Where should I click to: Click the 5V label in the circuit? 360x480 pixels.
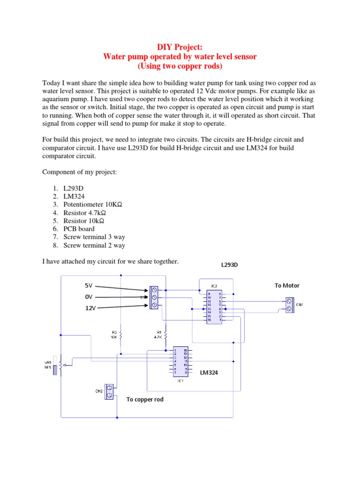[x=89, y=285]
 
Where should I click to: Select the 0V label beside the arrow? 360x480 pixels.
[x=89, y=297]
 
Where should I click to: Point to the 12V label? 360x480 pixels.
[x=90, y=309]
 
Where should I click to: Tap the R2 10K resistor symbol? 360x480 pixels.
[x=121, y=336]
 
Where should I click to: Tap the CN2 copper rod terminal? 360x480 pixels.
[x=110, y=391]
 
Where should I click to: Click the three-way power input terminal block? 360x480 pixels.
[x=154, y=298]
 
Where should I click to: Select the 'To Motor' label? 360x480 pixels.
[x=287, y=285]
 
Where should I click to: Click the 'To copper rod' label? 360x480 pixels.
[x=145, y=400]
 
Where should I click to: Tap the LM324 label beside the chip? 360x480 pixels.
[x=210, y=373]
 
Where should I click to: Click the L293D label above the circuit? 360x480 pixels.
[x=230, y=265]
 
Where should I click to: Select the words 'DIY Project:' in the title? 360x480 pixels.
[x=180, y=47]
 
